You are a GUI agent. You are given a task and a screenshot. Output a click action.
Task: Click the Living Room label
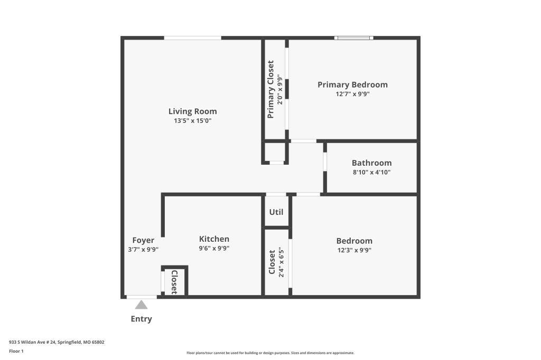tap(192, 111)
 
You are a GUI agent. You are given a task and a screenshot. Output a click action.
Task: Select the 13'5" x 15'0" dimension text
tap(192, 121)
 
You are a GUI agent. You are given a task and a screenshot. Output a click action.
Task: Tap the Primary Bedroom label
tap(352, 84)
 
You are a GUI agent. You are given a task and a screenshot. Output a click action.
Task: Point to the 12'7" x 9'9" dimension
tap(352, 94)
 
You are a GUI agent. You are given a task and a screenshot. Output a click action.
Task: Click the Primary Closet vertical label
tap(270, 89)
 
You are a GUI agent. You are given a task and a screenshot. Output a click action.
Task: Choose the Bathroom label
tap(371, 163)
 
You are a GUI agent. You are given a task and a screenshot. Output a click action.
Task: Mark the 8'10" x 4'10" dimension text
tap(371, 172)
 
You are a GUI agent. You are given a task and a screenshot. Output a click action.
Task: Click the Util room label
tap(276, 212)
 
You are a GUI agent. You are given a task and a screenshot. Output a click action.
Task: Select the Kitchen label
tap(214, 239)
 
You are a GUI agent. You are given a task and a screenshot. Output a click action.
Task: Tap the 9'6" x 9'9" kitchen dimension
tap(214, 248)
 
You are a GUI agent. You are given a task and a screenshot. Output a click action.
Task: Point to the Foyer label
tap(143, 240)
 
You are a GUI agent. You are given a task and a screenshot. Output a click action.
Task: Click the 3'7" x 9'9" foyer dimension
tap(143, 249)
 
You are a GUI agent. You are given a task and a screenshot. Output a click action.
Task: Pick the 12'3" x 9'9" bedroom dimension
tap(355, 250)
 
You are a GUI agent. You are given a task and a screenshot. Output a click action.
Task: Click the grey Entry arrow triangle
tap(141, 305)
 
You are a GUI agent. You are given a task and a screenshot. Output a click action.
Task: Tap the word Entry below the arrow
tap(141, 319)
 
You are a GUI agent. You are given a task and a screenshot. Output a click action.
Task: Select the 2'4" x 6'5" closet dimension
tap(281, 262)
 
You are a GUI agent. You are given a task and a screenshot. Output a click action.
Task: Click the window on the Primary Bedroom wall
tap(353, 38)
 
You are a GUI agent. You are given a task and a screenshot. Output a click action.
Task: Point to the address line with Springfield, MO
tap(57, 342)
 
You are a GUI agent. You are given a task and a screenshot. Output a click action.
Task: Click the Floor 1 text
tap(16, 351)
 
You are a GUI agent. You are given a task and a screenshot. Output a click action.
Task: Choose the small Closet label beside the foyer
tap(174, 282)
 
